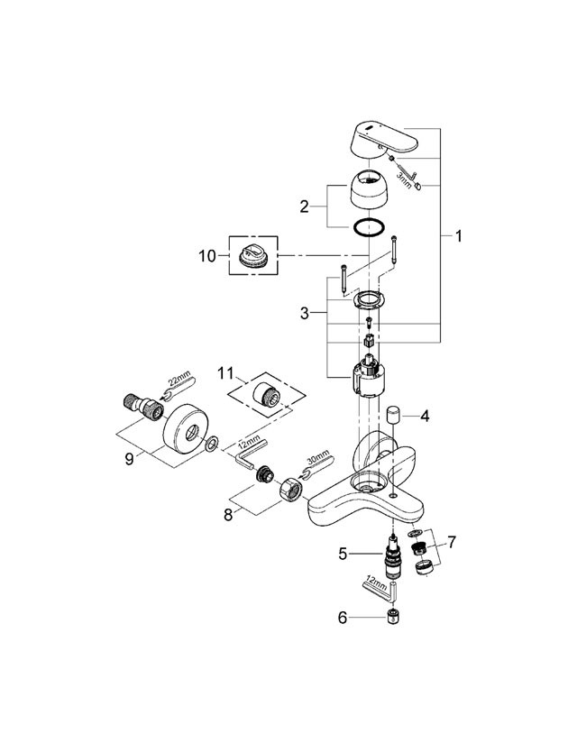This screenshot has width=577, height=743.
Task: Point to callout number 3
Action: tap(305, 313)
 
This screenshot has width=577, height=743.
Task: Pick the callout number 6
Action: tap(341, 618)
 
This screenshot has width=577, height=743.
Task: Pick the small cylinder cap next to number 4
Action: tap(393, 417)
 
